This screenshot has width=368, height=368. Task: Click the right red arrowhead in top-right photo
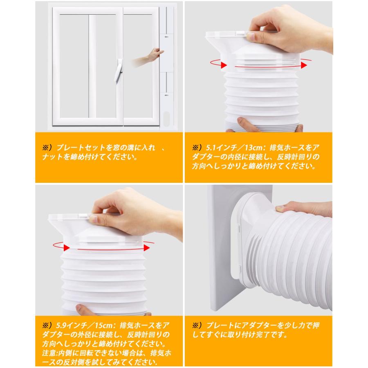303,65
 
